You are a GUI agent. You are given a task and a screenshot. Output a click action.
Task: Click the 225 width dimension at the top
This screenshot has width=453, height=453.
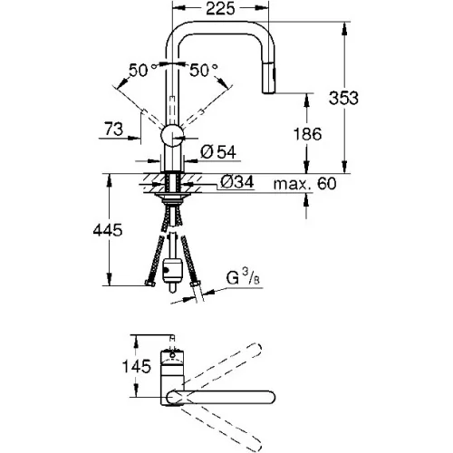[220, 8]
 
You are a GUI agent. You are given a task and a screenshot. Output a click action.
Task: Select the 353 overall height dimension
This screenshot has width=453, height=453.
[343, 98]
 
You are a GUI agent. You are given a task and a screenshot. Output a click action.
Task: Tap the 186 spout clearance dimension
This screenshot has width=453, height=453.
[308, 134]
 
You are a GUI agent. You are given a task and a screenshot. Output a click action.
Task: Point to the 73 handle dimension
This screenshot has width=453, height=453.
[114, 129]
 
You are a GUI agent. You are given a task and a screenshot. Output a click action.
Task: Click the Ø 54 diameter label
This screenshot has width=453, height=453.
[218, 152]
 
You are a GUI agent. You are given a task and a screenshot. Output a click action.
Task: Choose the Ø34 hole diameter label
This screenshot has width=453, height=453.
[237, 182]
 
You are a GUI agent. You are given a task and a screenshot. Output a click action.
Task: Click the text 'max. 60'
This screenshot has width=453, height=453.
[304, 183]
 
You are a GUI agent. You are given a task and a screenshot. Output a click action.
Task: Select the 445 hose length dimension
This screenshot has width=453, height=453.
[108, 230]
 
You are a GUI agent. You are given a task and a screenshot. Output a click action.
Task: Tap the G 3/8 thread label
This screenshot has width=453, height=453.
[243, 278]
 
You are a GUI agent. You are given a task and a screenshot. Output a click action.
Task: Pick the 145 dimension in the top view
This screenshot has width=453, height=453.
[136, 366]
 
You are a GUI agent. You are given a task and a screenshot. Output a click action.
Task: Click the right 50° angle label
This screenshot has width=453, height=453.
[203, 71]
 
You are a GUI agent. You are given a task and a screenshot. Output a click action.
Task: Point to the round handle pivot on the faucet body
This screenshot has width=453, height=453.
[172, 135]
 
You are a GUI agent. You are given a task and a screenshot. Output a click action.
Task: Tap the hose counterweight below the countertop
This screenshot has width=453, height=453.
[172, 271]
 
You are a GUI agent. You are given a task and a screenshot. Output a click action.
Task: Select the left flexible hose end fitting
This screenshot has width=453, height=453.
[149, 284]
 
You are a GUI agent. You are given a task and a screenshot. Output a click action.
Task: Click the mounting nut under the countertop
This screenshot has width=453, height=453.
[172, 198]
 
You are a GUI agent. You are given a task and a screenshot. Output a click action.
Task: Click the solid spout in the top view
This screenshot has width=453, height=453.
[221, 397]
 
